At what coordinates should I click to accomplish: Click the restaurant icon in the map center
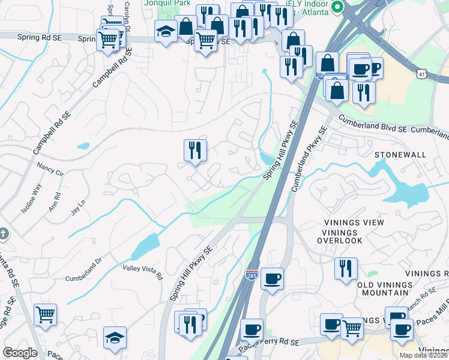pyautogui.click(x=195, y=150)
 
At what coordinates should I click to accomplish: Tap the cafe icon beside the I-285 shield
pyautogui.click(x=272, y=279)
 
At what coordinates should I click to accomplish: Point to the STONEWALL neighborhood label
pyautogui.click(x=400, y=155)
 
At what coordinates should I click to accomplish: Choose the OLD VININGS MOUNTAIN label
pyautogui.click(x=391, y=289)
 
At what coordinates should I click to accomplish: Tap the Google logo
pyautogui.click(x=20, y=352)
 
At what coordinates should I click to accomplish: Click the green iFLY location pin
pyautogui.click(x=337, y=8)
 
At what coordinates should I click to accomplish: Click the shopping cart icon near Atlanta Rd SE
pyautogui.click(x=46, y=314)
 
